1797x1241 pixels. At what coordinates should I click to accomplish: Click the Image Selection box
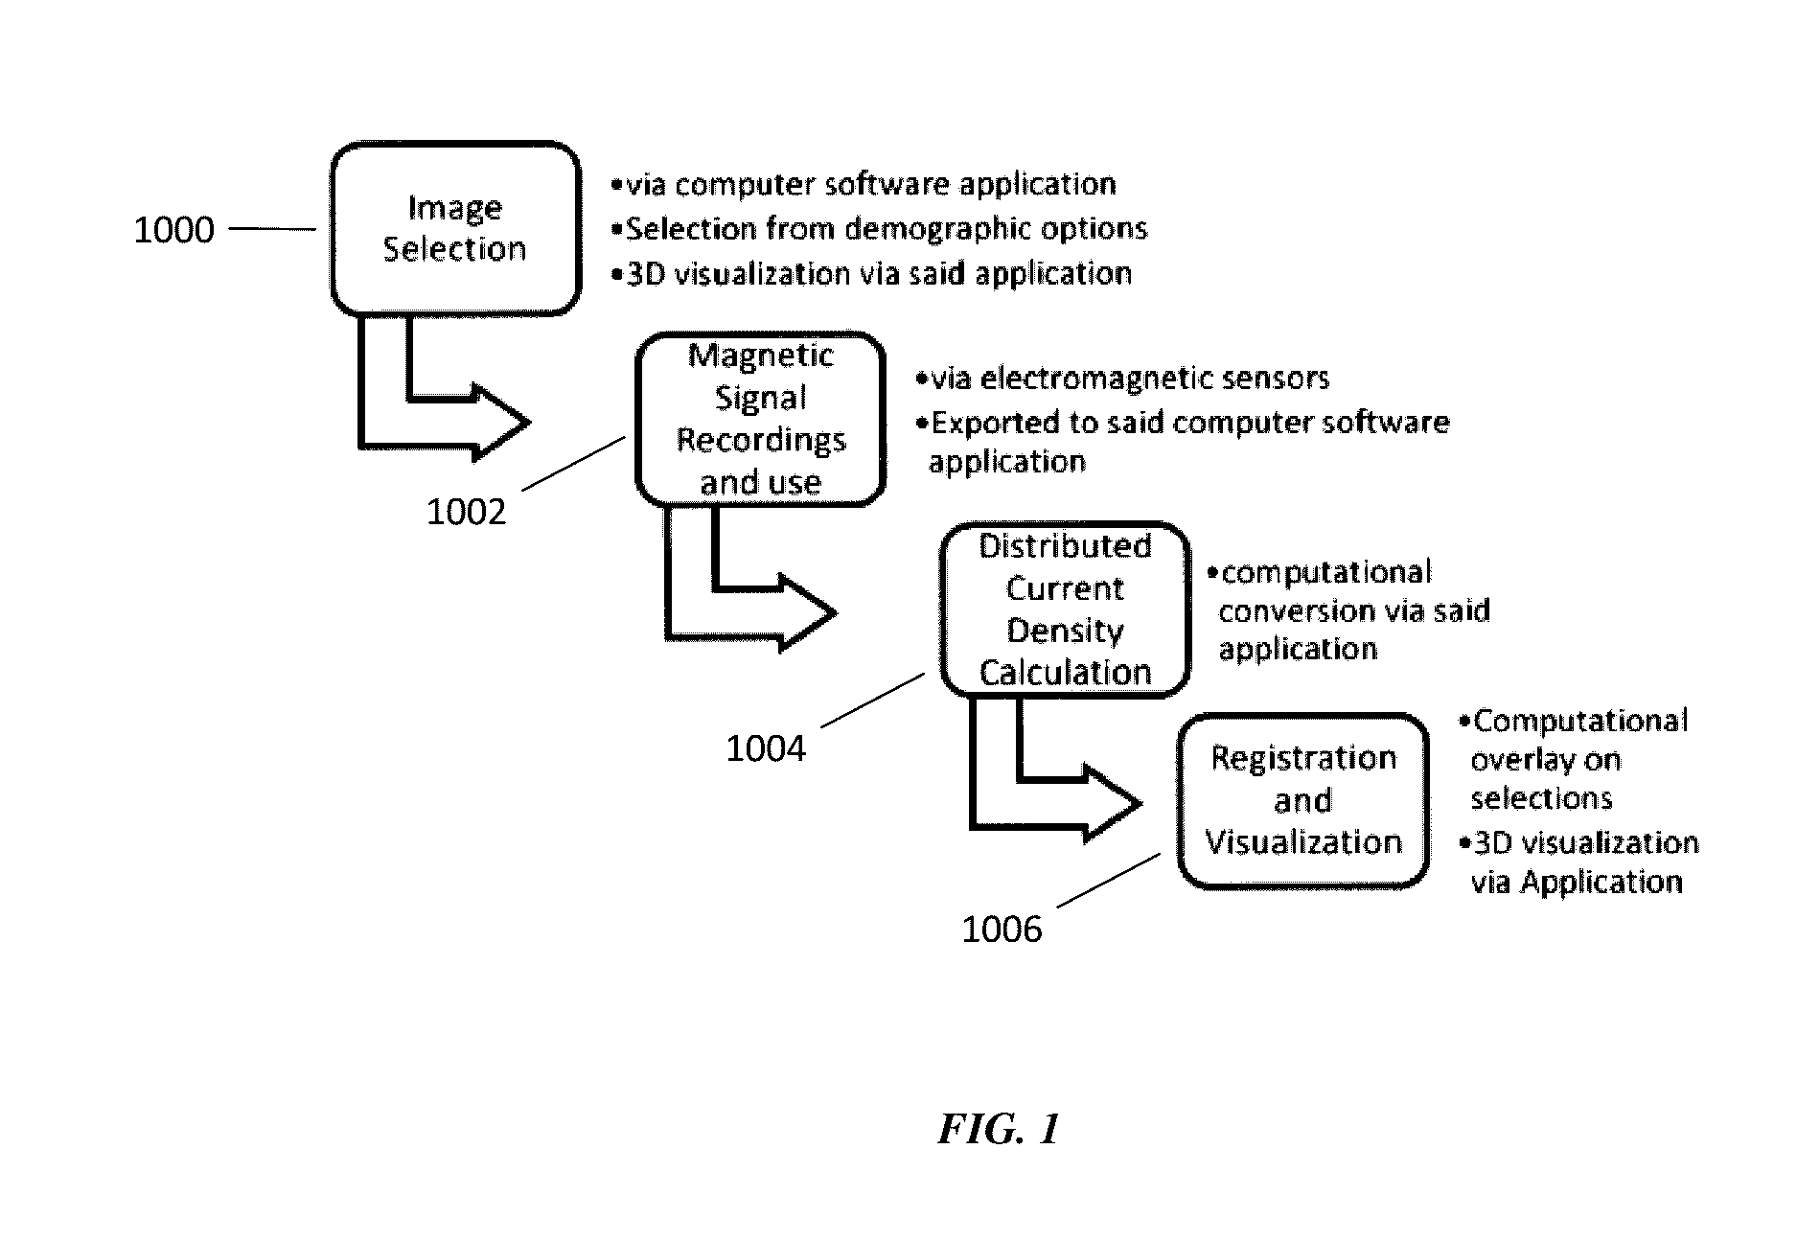point(456,229)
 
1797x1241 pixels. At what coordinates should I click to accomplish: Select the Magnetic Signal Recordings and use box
point(761,419)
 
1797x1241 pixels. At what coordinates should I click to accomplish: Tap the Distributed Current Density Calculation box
point(1065,609)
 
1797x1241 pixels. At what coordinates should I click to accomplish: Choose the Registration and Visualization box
point(1303,800)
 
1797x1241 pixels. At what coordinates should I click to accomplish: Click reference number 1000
point(173,230)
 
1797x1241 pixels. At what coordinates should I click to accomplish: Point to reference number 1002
point(466,512)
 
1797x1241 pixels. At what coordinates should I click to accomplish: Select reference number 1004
point(766,747)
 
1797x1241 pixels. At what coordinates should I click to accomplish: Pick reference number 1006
point(1002,929)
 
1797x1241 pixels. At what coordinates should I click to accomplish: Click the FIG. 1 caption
point(999,1129)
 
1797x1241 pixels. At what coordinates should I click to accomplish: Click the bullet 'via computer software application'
point(864,184)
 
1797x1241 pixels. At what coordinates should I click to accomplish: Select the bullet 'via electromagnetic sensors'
point(1122,379)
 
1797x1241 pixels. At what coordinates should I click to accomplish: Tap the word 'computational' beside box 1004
point(1326,573)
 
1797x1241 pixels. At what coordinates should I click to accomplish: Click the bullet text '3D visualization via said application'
point(871,274)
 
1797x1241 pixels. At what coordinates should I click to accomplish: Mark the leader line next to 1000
point(273,229)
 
